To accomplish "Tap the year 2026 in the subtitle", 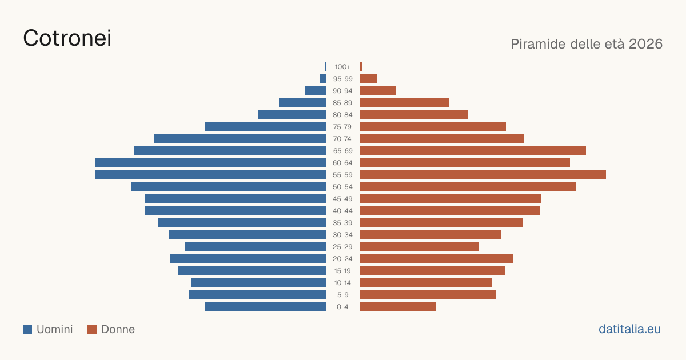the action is (645, 44).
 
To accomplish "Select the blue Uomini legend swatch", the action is (27, 329).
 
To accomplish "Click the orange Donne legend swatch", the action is (92, 329).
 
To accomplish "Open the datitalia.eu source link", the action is (629, 329).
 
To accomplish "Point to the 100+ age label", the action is (342, 67).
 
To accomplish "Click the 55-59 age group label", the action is (342, 175).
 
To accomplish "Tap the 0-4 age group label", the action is (342, 307).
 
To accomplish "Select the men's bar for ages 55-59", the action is (210, 175).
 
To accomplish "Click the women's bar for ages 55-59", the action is (483, 175).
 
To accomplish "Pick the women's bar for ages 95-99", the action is (368, 79).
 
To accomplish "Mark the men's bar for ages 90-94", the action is (315, 91).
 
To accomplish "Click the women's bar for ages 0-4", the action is (398, 307).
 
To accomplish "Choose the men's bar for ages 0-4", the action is (265, 307).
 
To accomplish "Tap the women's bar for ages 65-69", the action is (473, 151).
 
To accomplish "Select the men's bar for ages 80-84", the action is (292, 115).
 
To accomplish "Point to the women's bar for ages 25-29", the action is (420, 247).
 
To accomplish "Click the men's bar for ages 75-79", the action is (265, 127).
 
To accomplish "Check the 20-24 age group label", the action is (342, 259).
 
